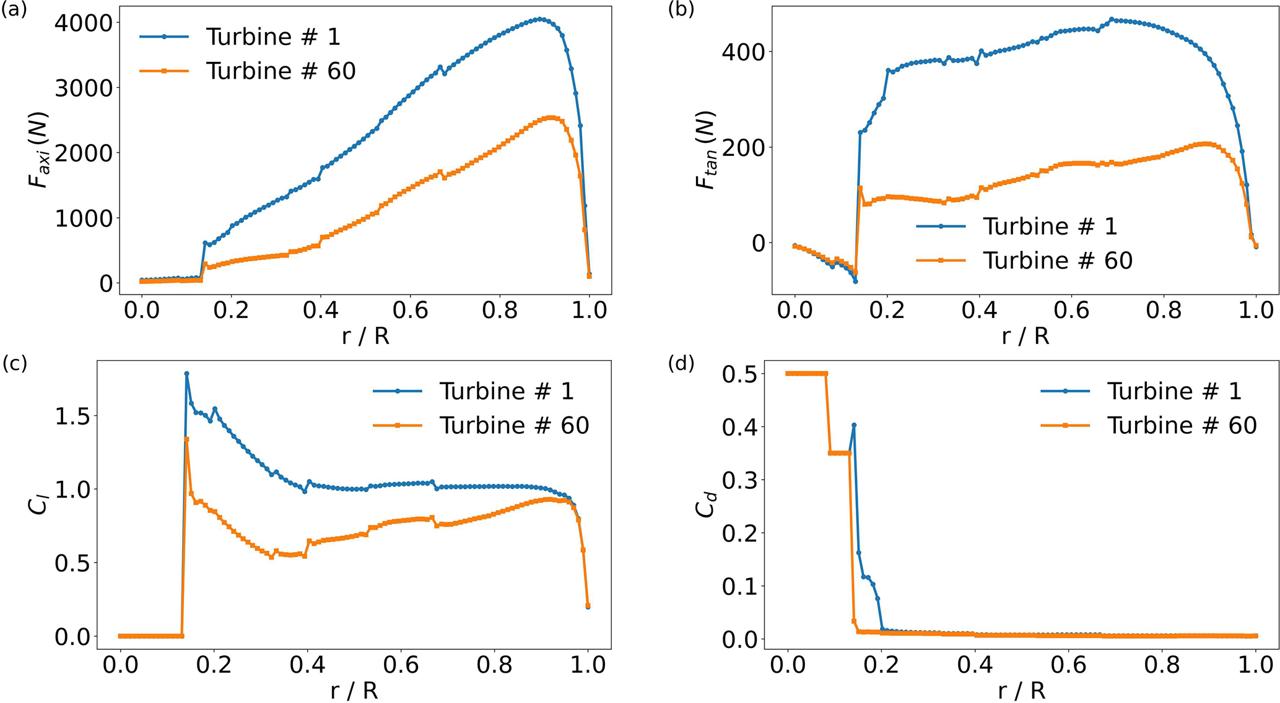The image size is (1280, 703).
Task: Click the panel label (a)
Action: click(x=14, y=11)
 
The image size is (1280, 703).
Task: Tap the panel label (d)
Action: click(x=681, y=363)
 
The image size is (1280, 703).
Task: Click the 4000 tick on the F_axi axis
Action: click(x=83, y=23)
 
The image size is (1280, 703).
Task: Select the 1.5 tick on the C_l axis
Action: click(x=73, y=416)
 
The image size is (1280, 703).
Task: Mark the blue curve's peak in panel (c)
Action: click(x=186, y=374)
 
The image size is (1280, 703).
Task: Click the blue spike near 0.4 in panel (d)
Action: click(x=854, y=425)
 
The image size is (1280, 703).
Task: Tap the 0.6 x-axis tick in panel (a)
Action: click(x=411, y=309)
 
